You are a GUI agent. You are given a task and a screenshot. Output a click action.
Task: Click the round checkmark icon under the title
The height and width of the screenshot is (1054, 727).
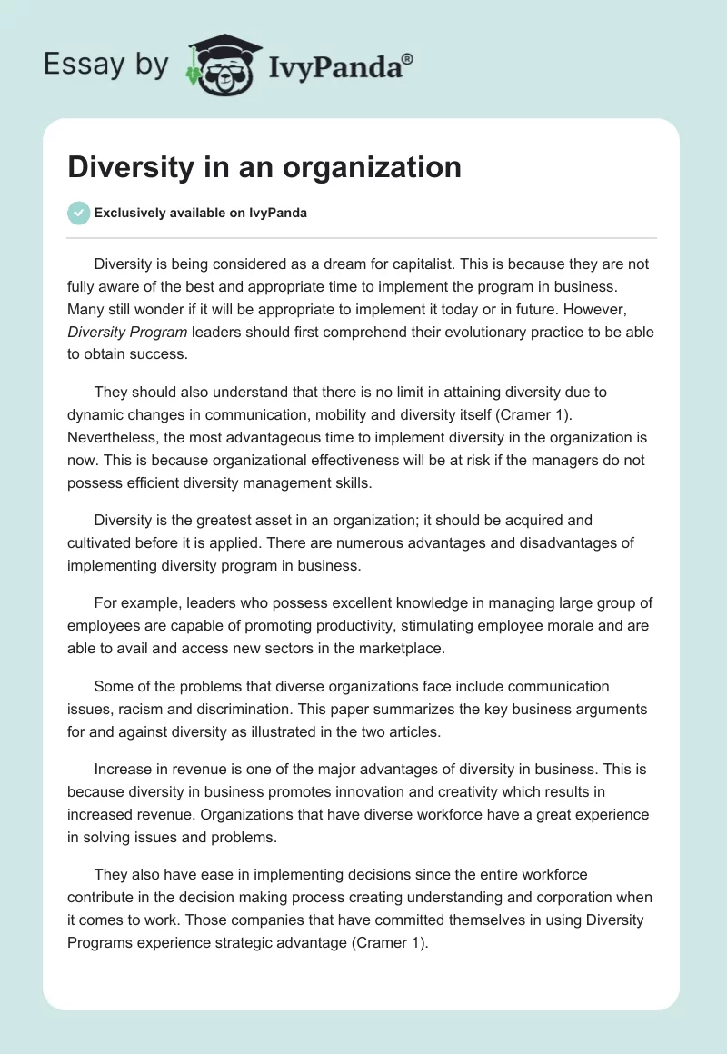[x=78, y=213]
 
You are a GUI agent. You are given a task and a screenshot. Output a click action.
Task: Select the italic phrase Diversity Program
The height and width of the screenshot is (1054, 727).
[x=127, y=332]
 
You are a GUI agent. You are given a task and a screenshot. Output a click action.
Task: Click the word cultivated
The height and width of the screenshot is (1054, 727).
[x=103, y=543]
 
